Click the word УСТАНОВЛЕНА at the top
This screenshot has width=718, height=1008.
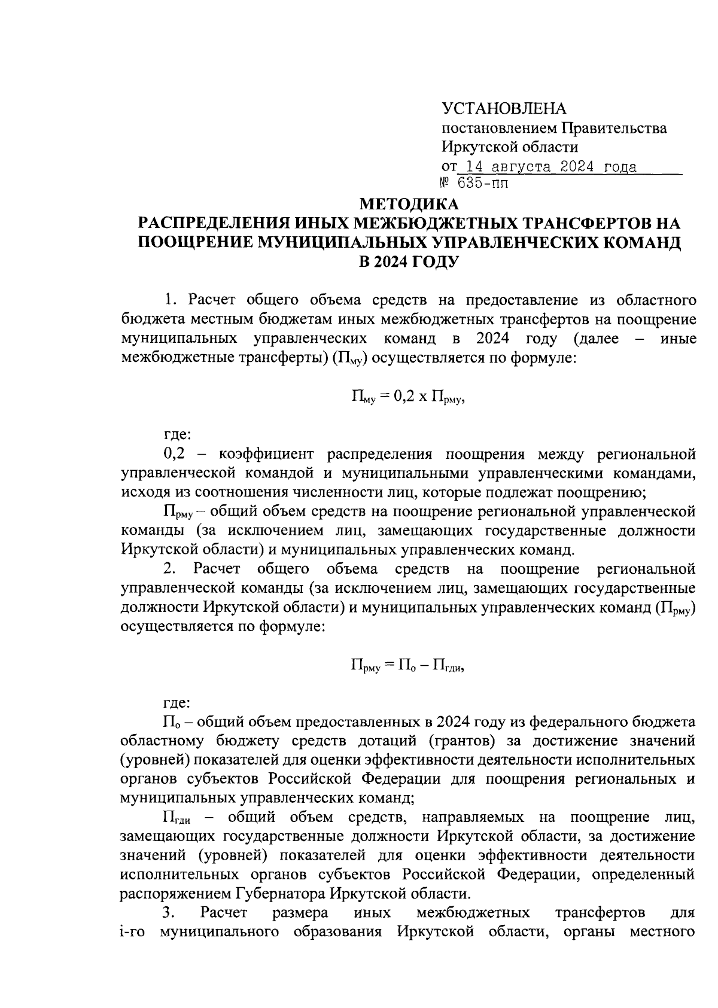click(503, 108)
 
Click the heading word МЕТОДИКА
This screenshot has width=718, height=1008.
click(409, 204)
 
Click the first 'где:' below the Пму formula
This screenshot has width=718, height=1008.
click(178, 434)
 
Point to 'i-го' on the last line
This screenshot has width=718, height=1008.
click(133, 932)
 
